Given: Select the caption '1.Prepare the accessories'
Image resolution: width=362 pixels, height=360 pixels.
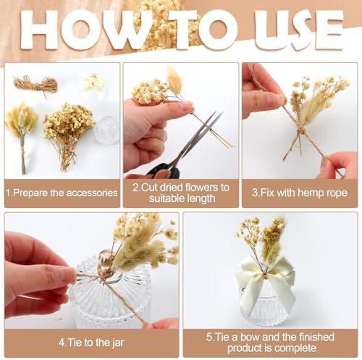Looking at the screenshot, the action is click(x=62, y=193).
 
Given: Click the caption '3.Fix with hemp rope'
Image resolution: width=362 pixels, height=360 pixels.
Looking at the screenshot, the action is click(x=300, y=193).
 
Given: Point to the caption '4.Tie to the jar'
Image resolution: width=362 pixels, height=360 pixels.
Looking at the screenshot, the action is click(x=91, y=343).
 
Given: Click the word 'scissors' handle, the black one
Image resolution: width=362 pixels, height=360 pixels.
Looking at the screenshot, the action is click(x=164, y=171).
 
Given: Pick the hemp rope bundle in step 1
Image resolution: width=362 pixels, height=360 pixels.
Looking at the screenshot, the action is click(x=35, y=84).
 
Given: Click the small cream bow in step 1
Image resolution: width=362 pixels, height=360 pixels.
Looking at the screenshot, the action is click(x=93, y=85).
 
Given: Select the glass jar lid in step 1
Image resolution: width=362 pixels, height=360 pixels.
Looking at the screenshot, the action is click(x=107, y=130).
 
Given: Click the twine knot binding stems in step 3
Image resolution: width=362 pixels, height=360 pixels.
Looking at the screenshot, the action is click(x=301, y=132).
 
